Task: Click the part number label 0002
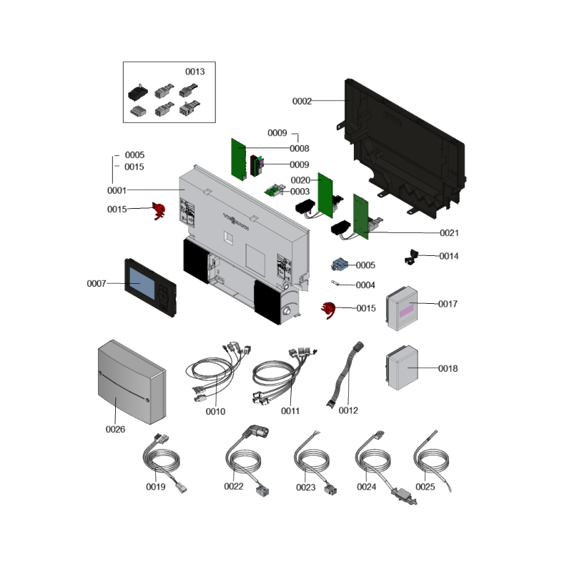[x=302, y=102]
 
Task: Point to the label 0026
[x=115, y=429]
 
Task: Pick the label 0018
[x=448, y=369]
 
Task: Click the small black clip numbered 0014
[x=413, y=255]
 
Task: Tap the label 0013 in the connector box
[x=195, y=71]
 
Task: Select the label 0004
[x=365, y=285]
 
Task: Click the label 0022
[x=234, y=487]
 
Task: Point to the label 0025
[x=425, y=487]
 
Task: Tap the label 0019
[x=156, y=487]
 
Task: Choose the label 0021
[x=449, y=233]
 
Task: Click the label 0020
[x=300, y=180]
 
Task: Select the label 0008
[x=300, y=149]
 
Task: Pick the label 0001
[x=117, y=191]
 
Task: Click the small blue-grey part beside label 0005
[x=339, y=265]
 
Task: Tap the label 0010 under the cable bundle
[x=215, y=411]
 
